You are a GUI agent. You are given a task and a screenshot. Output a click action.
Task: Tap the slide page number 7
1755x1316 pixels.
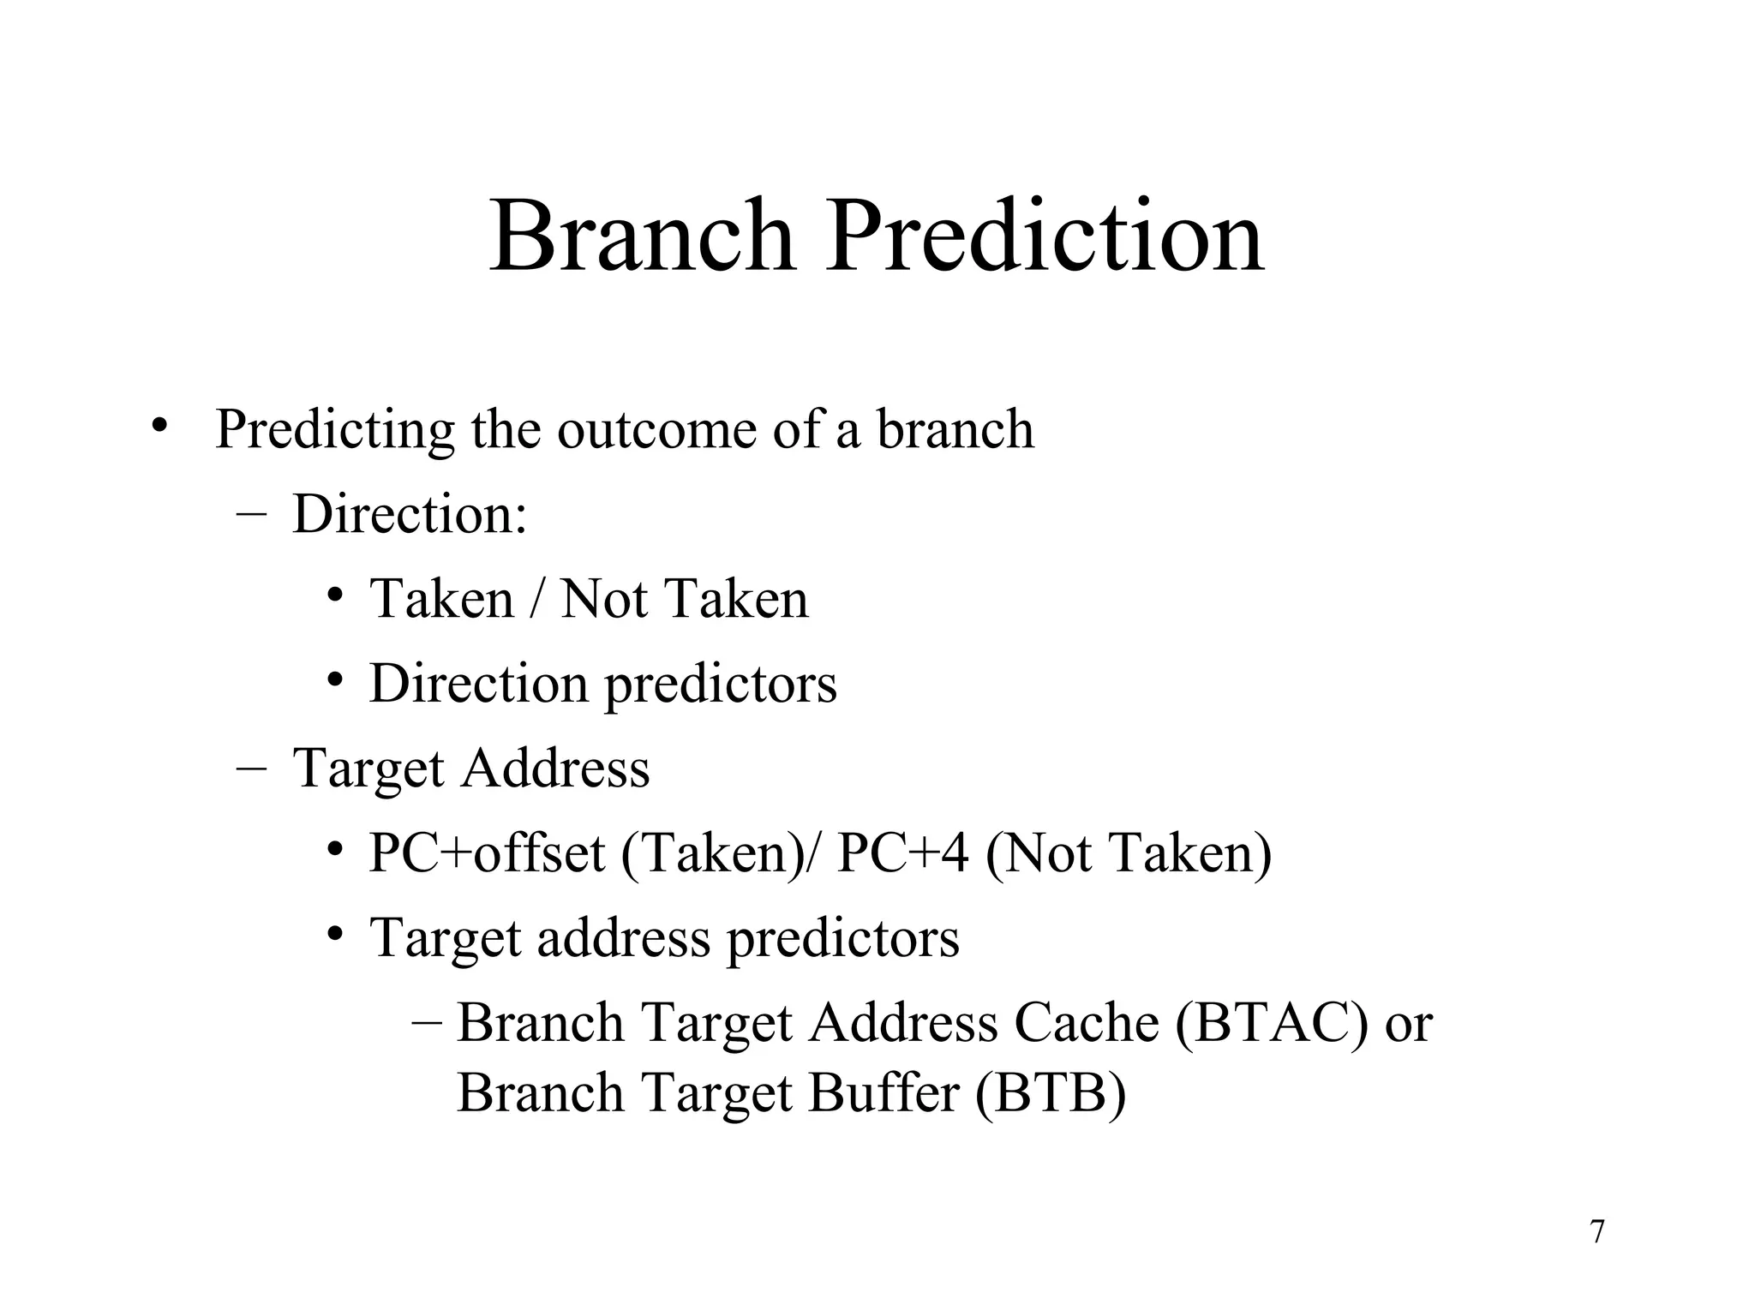1597,1232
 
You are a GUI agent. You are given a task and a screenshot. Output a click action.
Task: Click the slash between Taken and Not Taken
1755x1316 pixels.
536,599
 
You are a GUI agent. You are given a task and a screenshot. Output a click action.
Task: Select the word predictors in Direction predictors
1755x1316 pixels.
721,685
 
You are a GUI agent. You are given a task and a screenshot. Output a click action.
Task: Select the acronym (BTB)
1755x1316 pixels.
1050,1093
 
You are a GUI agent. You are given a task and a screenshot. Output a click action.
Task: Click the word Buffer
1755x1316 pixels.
883,1093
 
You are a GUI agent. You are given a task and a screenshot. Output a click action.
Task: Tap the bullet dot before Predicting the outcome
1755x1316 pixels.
158,425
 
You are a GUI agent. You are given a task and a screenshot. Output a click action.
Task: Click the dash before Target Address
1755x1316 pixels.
249,769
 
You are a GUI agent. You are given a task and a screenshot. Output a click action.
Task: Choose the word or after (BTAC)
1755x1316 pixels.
1408,1025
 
